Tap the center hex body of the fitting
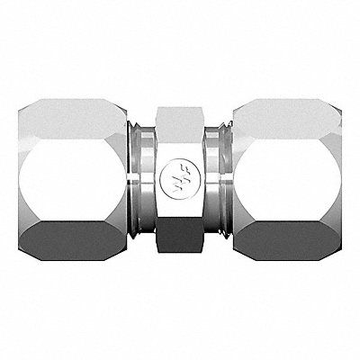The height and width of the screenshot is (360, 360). point(180,180)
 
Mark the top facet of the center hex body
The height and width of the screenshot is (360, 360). point(180,114)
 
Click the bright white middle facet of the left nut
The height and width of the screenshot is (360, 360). point(72,175)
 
